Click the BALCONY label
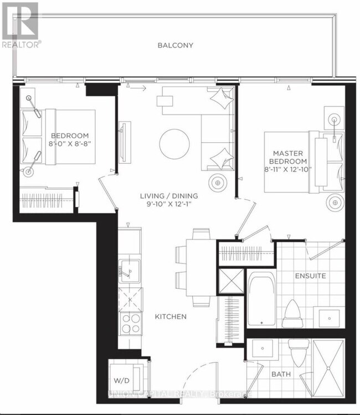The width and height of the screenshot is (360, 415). [x=175, y=45]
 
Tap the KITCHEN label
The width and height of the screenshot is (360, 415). [x=171, y=317]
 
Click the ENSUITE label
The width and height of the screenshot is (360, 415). [x=310, y=275]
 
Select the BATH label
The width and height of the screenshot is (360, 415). [x=281, y=375]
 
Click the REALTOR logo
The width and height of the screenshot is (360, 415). [x=20, y=25]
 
